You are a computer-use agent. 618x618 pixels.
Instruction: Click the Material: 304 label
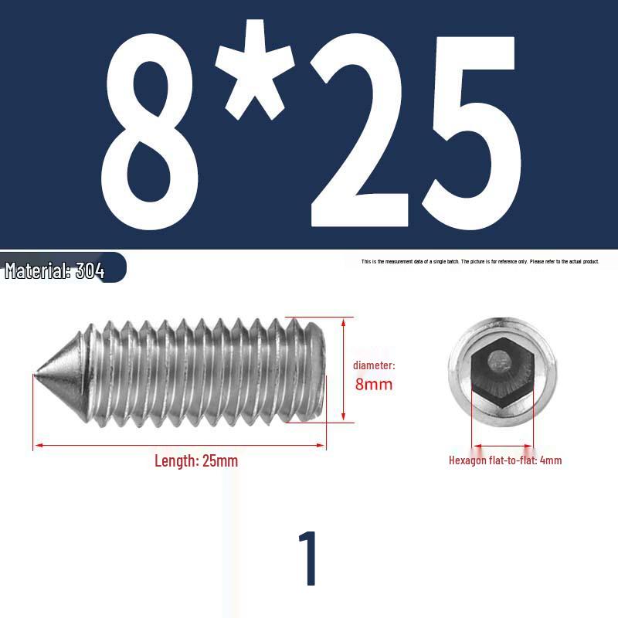pos(55,271)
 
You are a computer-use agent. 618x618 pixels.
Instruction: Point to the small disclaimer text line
pos(480,262)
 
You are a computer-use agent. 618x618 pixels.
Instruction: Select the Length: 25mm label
pos(196,461)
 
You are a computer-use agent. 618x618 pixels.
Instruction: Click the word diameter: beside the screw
pos(374,365)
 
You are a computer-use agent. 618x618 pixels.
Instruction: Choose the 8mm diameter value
pos(374,384)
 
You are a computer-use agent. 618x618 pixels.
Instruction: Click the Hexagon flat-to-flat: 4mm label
pos(505,460)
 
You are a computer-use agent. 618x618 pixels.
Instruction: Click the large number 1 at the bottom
pos(308,559)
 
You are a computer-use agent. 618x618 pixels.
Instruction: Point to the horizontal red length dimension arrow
pos(179,446)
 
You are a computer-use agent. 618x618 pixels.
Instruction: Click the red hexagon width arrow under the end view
pos(502,446)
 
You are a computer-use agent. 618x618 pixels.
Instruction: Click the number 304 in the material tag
pos(90,271)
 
